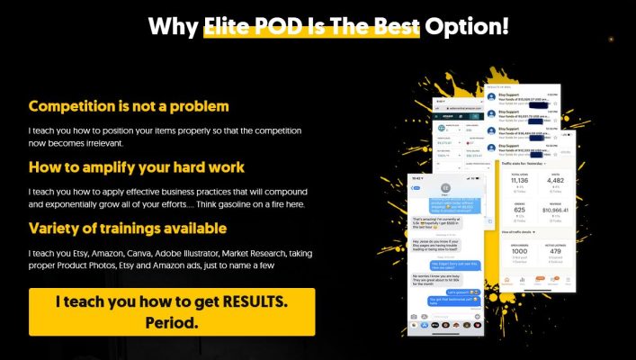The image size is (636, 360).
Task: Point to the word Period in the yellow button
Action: (x=170, y=322)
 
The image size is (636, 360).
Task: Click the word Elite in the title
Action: (x=234, y=25)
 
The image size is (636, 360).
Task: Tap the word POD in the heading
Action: (x=299, y=25)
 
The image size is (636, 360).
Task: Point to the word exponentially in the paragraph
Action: (x=72, y=204)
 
